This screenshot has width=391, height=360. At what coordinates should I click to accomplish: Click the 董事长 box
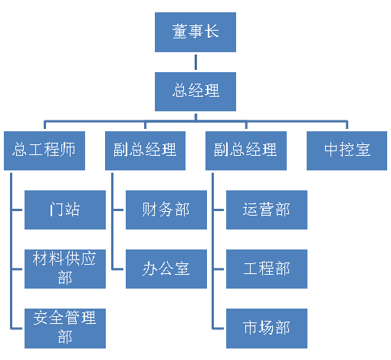[x=195, y=32]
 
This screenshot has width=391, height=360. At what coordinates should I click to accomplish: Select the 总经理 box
[x=195, y=91]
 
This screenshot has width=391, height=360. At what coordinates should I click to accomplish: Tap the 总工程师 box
[x=44, y=150]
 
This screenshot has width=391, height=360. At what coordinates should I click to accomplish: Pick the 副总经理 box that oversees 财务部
[x=145, y=150]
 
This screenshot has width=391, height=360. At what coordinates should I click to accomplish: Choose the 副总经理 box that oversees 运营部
[x=246, y=150]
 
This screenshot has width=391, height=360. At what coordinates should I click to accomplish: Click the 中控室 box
[x=347, y=150]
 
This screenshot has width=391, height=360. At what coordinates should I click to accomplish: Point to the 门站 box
[x=65, y=210]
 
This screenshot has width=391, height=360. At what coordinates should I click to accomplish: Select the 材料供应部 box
[x=65, y=269]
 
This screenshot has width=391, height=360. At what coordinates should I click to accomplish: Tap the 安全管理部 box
[x=65, y=329]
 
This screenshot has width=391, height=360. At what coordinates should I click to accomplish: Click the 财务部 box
[x=166, y=210]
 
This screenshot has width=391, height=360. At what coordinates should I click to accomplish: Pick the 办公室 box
[x=166, y=269]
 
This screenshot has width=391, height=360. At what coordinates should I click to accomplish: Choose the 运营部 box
[x=267, y=210]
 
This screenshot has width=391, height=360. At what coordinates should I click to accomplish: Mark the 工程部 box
[x=267, y=269]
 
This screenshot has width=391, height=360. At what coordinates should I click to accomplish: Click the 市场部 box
[x=267, y=329]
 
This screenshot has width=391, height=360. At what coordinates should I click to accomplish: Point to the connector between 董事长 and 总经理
[x=195, y=62]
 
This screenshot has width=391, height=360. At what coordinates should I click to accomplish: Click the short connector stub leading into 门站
[x=17, y=210]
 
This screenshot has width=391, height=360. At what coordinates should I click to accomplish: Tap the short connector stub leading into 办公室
[x=118, y=269]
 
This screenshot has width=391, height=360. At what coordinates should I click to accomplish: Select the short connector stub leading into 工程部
[x=219, y=269]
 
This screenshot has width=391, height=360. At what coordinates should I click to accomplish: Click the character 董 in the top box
[x=179, y=31]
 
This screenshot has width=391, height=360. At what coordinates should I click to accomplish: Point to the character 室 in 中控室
[x=363, y=150]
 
